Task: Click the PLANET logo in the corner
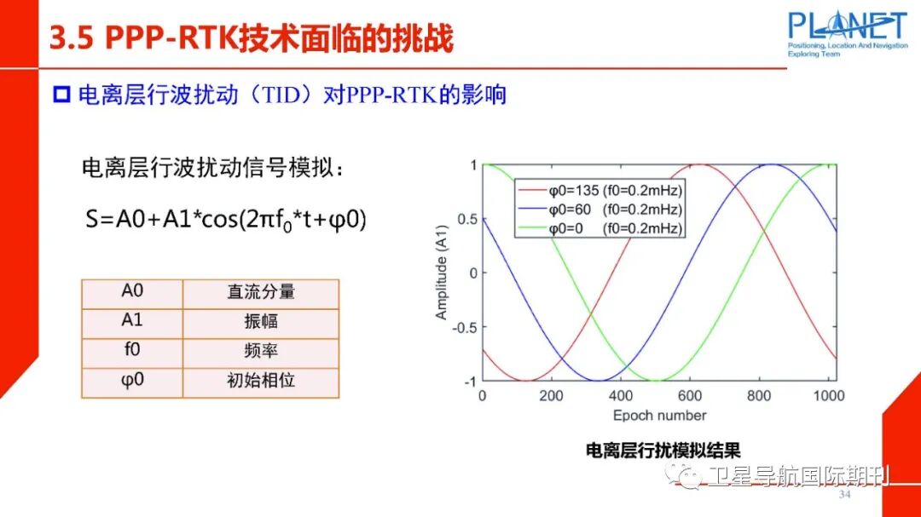tap(846, 32)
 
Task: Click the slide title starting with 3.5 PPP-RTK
tap(251, 39)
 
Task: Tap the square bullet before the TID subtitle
tap(61, 95)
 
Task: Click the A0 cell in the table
tap(132, 292)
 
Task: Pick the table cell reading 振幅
tap(261, 322)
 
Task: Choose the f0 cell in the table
tap(132, 351)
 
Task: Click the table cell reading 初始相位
tap(261, 381)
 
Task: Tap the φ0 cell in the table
tap(132, 381)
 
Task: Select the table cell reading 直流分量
tap(261, 292)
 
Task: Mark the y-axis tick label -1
tap(468, 381)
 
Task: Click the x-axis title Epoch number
tap(659, 416)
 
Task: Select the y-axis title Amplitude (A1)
tap(442, 273)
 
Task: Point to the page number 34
tap(845, 496)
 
